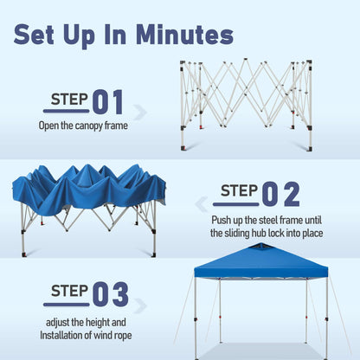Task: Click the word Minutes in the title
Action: [x=184, y=35]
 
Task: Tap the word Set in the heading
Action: [x=34, y=35]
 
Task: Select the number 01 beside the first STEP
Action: [x=108, y=102]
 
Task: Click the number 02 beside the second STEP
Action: [x=280, y=194]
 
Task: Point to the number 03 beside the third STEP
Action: [x=111, y=294]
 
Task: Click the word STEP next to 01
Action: [x=69, y=100]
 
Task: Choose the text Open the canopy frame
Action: [x=83, y=125]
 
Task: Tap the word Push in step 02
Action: [x=222, y=221]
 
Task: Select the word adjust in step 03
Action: [x=57, y=323]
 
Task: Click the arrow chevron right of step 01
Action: [x=140, y=112]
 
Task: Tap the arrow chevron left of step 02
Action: [x=202, y=204]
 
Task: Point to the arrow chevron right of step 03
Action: [x=140, y=305]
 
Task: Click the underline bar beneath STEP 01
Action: [x=67, y=111]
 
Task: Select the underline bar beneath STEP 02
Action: [x=236, y=204]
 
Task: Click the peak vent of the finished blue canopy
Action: [x=260, y=247]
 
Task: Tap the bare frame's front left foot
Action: [x=183, y=148]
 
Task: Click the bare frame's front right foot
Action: [x=310, y=149]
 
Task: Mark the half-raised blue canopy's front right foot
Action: [x=154, y=254]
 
